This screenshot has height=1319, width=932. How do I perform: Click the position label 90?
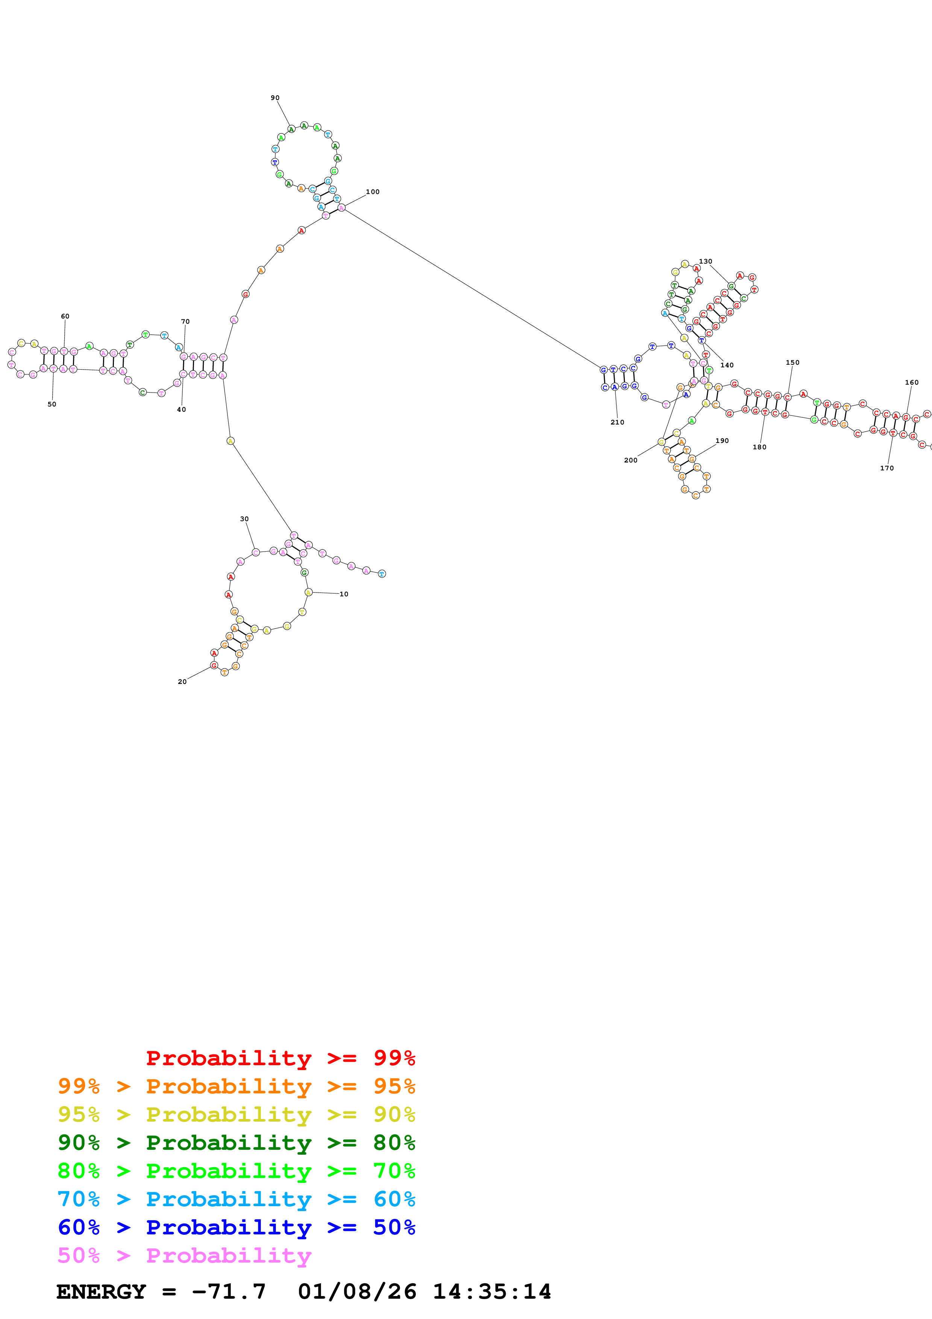coord(275,98)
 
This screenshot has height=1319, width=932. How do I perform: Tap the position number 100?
coord(373,192)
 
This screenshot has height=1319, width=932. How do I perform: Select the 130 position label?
coord(705,261)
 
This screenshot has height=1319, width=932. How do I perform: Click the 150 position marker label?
coord(793,362)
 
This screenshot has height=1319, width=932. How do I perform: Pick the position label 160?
coord(912,383)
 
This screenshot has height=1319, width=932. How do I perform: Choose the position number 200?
coord(630,460)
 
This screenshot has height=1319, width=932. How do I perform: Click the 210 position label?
coord(617,422)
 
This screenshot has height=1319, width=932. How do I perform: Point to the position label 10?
coord(344,594)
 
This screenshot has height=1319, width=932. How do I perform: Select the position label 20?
coord(182,682)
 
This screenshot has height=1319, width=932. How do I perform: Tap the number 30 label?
coord(244,519)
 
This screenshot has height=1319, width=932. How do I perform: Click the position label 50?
coord(52,405)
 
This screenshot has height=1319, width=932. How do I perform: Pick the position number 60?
coord(65,317)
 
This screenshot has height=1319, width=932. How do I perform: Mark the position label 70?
coord(185,322)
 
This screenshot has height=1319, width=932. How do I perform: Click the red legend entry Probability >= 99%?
coord(280,1058)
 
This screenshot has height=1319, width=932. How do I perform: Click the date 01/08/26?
coord(357,1292)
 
